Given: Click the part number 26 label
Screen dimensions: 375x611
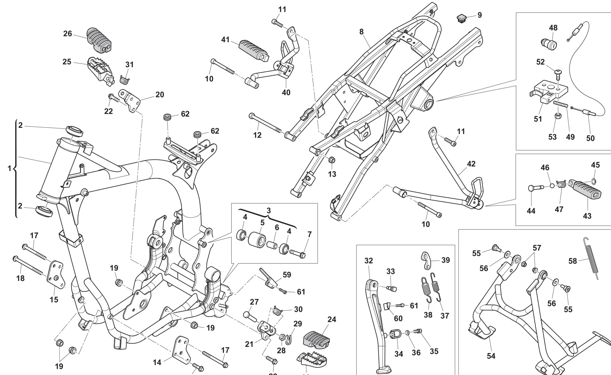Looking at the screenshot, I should (x=68, y=34).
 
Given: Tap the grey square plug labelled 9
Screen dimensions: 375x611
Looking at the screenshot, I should (x=461, y=18).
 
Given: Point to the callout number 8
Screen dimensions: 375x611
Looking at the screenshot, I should (x=361, y=32).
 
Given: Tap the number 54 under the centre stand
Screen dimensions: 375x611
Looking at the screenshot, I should (x=491, y=356).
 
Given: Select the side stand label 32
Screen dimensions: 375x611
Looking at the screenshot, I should (x=369, y=261).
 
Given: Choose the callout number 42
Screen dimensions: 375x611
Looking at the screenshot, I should (x=471, y=164).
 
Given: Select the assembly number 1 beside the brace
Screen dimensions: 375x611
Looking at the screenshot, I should (x=9, y=168).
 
